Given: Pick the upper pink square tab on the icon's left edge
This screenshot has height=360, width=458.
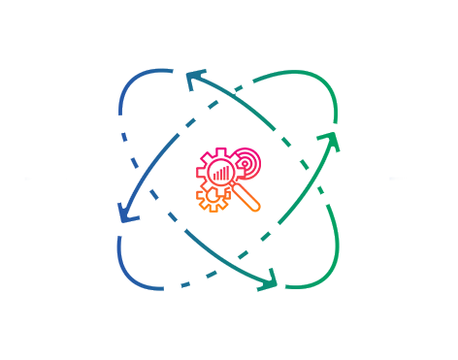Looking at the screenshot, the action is click(x=200, y=172).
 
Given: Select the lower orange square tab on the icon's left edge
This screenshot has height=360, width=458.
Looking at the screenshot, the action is click(x=200, y=195).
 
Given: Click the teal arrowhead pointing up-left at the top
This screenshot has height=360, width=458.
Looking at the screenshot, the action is click(x=194, y=78).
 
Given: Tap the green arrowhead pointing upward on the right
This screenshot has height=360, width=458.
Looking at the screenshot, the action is click(x=334, y=142).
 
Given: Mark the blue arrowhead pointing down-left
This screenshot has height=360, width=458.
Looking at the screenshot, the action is click(x=124, y=213).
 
